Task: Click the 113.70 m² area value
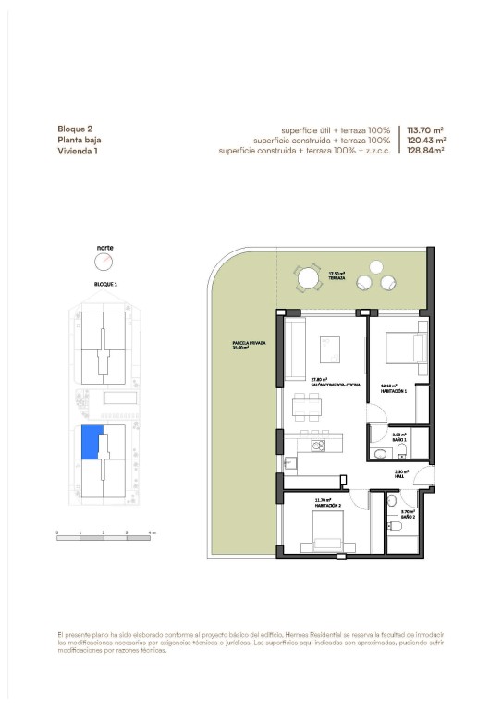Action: pos(426,130)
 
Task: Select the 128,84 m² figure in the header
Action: pos(426,151)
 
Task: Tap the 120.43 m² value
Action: pos(426,141)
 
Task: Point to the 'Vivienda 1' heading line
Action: pos(78,151)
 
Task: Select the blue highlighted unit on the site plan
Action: pos(90,442)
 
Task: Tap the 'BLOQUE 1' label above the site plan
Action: pos(104,285)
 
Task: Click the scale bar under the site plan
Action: pos(104,533)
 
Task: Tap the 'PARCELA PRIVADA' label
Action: pos(250,343)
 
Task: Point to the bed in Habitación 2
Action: pos(328,537)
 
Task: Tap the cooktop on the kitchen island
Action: pos(319,445)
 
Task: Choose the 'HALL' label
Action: pos(400,476)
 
